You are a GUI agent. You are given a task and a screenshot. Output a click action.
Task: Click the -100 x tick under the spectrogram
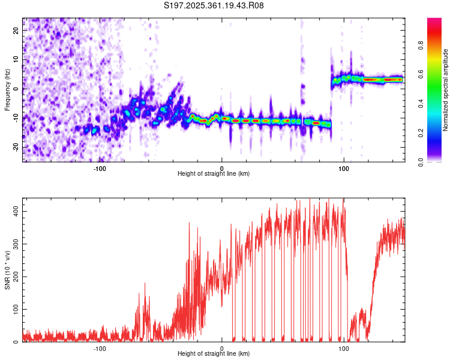tap(100, 168)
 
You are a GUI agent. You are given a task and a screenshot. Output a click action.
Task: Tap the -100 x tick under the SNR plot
tap(100, 348)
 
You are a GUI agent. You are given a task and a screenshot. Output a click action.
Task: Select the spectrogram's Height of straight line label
tap(214, 174)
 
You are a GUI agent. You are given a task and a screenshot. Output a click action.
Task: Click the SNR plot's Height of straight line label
tap(214, 354)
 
